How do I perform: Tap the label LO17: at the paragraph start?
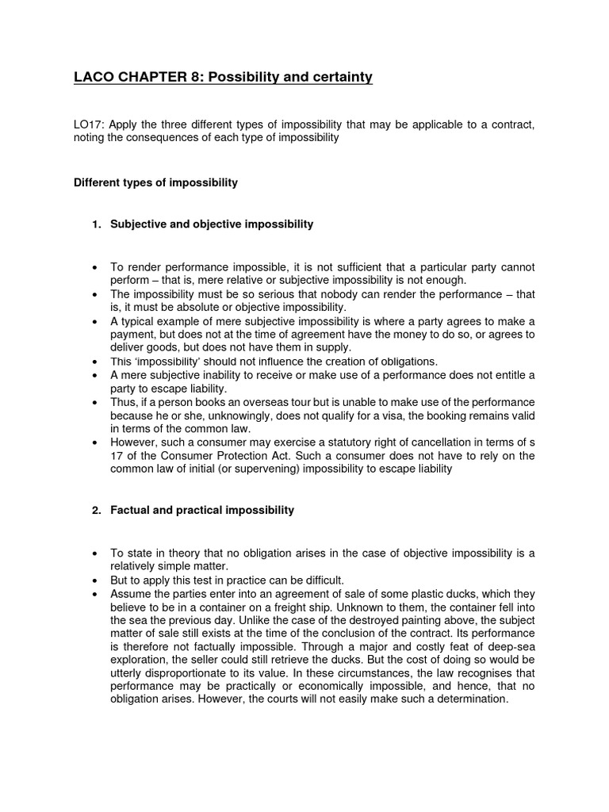(89, 125)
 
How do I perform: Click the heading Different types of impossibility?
(155, 182)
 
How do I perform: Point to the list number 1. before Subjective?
(97, 224)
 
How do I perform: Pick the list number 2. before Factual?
(97, 510)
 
